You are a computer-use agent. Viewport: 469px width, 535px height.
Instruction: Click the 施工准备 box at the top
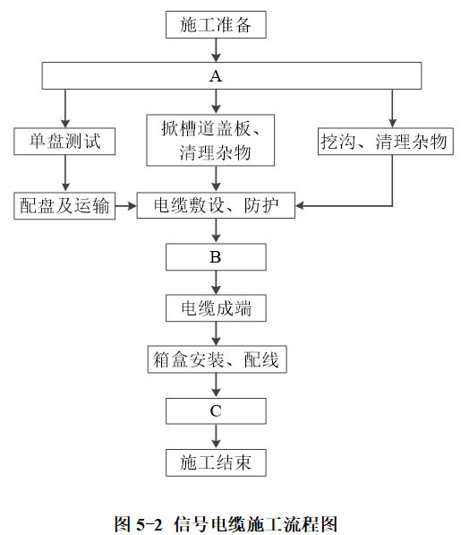click(216, 24)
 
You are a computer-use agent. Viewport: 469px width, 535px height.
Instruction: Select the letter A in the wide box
click(216, 76)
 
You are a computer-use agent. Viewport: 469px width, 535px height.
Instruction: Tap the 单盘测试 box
click(64, 142)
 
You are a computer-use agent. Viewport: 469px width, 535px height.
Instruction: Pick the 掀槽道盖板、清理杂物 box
click(210, 140)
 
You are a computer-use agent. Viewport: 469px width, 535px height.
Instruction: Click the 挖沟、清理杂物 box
click(386, 142)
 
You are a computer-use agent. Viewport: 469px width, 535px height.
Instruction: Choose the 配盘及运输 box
click(64, 206)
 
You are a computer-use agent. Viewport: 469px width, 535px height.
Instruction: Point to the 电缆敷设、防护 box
click(216, 205)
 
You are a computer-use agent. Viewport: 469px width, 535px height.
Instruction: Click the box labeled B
click(216, 257)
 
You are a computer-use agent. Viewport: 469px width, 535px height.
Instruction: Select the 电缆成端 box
click(216, 308)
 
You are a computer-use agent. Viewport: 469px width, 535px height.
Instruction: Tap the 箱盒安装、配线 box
click(217, 359)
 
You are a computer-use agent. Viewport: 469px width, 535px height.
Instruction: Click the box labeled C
click(216, 410)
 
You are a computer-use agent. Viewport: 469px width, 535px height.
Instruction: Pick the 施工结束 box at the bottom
click(216, 462)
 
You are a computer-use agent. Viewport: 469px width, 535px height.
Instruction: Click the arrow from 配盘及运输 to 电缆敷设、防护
click(126, 206)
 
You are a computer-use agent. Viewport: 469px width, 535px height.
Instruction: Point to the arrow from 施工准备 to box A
click(216, 50)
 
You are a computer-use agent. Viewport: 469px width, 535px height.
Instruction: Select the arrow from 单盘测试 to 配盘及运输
click(65, 173)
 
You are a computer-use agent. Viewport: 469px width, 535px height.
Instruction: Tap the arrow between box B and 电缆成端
click(216, 282)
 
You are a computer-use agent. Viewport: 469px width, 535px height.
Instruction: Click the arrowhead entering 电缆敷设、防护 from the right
click(300, 206)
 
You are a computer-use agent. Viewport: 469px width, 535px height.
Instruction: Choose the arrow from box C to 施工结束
click(216, 436)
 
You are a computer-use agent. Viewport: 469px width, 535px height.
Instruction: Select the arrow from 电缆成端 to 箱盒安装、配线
click(216, 333)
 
